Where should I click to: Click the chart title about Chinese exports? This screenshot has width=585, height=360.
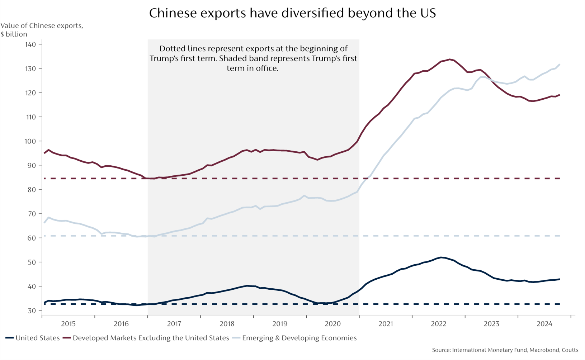292,13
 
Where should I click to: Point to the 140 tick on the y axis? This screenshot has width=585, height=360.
30,44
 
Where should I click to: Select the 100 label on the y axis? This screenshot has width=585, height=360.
30,141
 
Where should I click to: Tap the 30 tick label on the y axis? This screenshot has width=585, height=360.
32,311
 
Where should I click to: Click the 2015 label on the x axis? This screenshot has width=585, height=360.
68,324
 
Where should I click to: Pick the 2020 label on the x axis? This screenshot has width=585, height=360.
332,324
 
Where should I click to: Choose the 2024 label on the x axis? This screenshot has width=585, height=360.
544,324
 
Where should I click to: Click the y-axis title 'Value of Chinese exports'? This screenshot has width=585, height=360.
42,26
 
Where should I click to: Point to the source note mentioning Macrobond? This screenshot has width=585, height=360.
505,350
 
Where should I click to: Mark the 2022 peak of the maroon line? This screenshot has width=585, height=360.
449,59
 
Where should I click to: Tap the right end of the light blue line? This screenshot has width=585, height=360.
559,65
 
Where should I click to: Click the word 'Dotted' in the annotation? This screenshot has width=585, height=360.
171,48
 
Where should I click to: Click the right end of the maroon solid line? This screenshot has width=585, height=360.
559,95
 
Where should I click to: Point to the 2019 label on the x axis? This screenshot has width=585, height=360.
280,324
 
